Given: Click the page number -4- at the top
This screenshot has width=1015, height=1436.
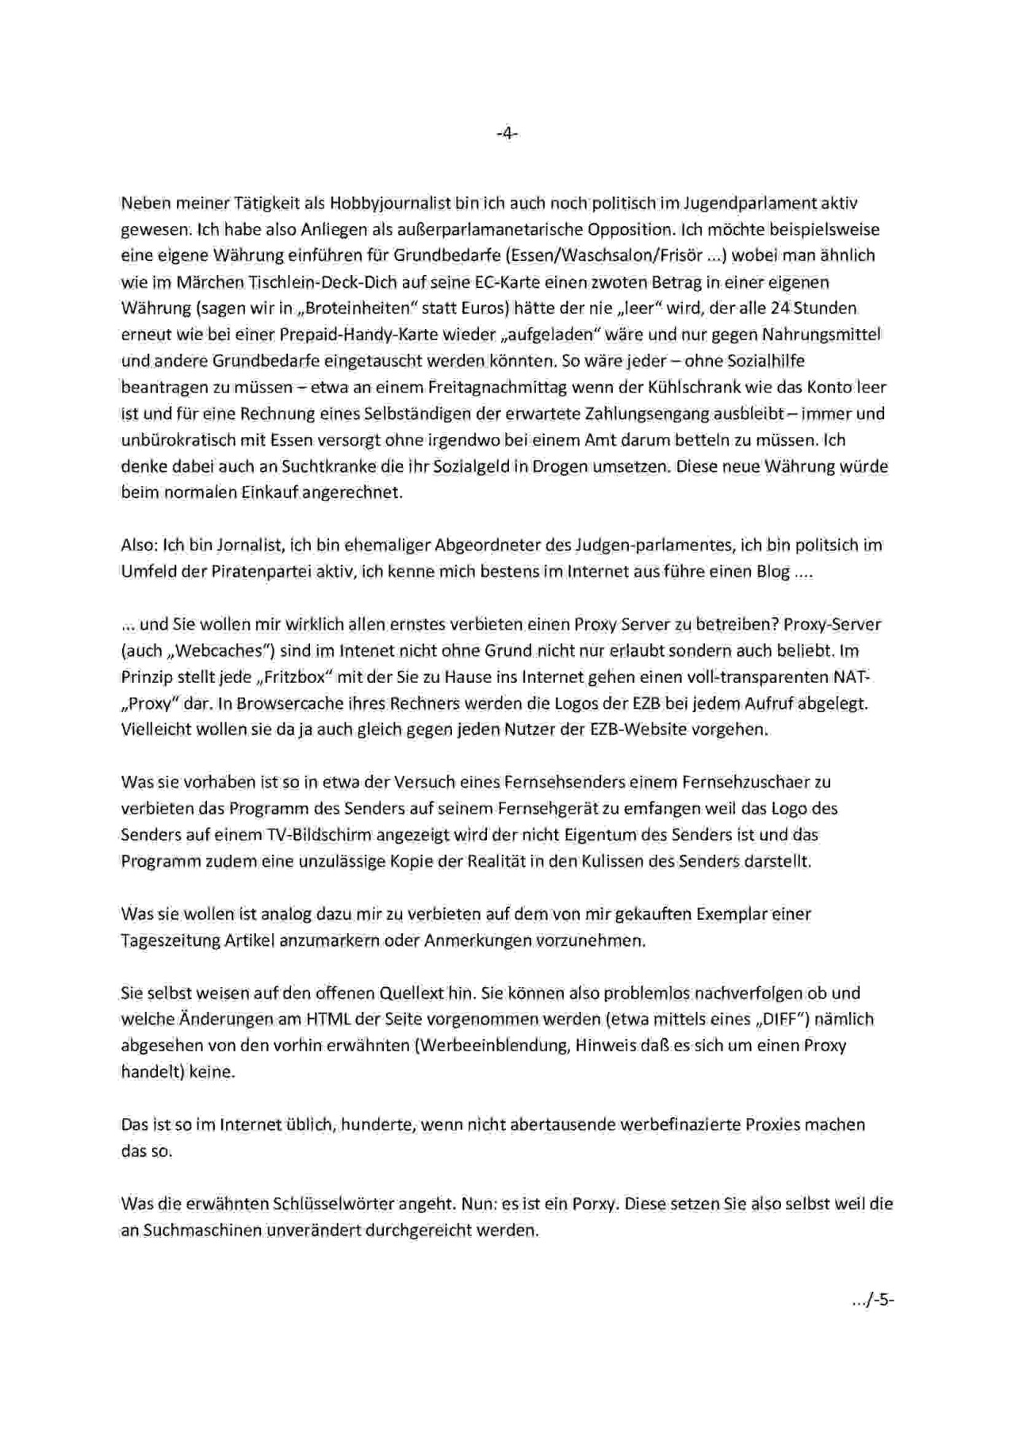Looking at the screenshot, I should pyautogui.click(x=507, y=135).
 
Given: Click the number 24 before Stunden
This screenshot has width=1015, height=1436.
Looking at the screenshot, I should pyautogui.click(x=779, y=308).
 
